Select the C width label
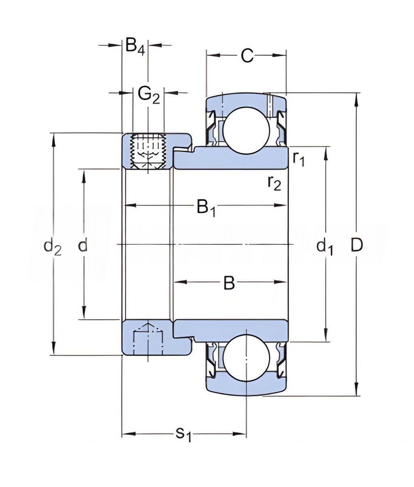(x=247, y=56)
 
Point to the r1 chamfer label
(x=299, y=159)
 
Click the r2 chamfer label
(x=274, y=183)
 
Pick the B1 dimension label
(x=206, y=208)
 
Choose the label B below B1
(x=229, y=284)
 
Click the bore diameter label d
(x=82, y=245)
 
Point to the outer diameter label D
(x=357, y=245)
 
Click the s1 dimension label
(x=183, y=434)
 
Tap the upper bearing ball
(x=247, y=130)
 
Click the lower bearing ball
(x=247, y=358)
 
